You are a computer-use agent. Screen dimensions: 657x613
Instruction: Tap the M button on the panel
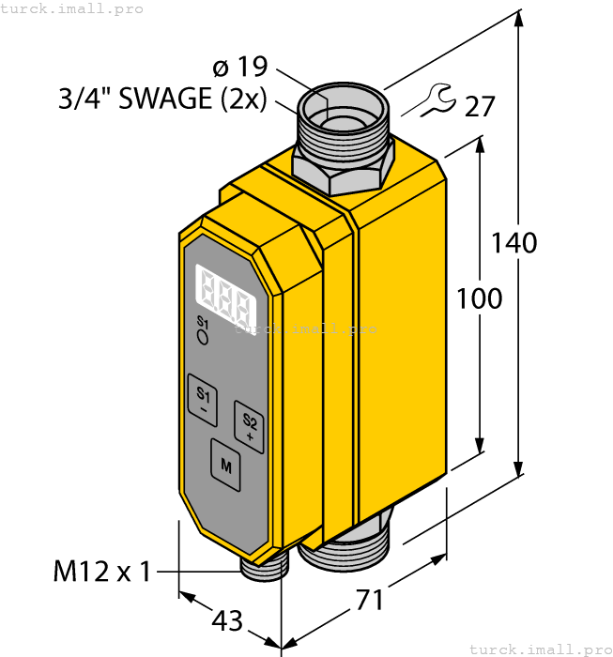click(225, 463)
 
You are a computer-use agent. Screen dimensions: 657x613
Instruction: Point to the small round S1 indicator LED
click(202, 339)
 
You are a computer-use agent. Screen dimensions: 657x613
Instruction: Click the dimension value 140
click(513, 242)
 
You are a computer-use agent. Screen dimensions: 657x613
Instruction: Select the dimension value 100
click(479, 298)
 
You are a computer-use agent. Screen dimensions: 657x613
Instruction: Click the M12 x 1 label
click(100, 571)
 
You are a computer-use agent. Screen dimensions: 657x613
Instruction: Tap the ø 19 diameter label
click(240, 68)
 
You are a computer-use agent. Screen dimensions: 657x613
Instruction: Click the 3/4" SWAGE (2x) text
click(162, 99)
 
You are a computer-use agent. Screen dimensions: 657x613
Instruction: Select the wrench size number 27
click(480, 106)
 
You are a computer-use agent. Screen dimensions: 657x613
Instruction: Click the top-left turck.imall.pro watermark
click(73, 8)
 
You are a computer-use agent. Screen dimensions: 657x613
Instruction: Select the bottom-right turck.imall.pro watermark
click(539, 649)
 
